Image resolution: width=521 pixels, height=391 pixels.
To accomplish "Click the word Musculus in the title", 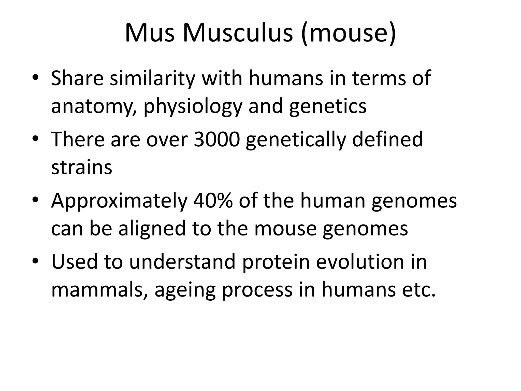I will tap(238, 33).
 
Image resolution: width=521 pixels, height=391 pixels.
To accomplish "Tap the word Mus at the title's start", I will tap(150, 33).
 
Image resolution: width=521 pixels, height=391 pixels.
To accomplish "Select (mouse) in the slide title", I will tap(348, 34).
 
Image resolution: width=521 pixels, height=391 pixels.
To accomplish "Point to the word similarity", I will tap(152, 78).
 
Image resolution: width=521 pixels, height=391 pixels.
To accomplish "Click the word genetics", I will tap(328, 106).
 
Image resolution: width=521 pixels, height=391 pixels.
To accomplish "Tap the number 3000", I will tap(217, 139).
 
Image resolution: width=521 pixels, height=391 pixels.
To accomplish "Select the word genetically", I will tap(296, 140).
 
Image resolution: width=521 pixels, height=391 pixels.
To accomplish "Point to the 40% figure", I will tap(213, 201).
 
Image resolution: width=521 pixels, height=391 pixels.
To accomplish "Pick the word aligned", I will tap(152, 229).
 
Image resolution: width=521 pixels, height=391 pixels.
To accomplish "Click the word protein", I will tap(276, 262).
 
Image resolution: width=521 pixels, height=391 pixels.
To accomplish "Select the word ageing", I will tap(185, 290).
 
